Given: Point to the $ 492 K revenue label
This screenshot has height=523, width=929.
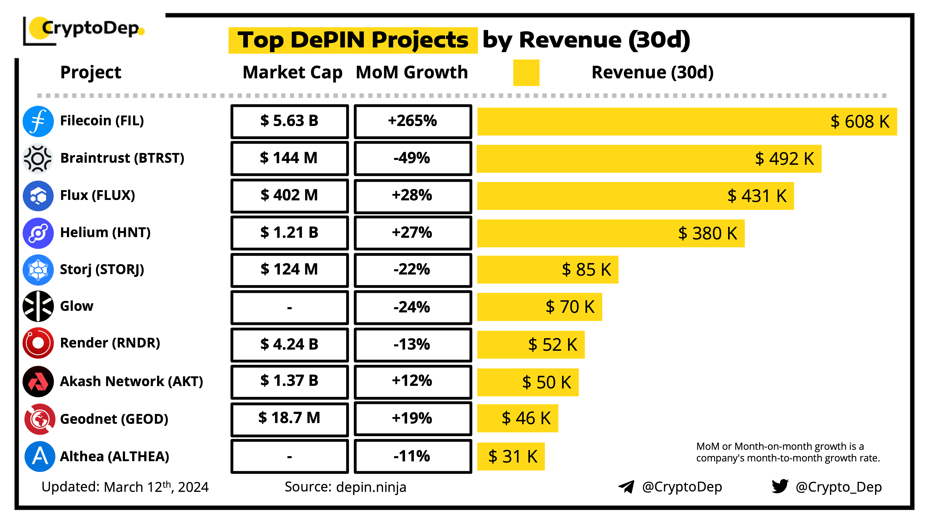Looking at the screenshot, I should (x=784, y=159).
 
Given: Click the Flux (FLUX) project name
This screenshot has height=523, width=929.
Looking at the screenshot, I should (x=97, y=195).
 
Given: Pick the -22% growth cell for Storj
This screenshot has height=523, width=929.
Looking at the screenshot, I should (x=412, y=270).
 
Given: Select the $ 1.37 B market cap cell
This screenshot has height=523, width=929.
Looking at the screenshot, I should (x=290, y=381).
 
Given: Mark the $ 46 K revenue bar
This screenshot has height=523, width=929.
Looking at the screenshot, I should (x=517, y=418).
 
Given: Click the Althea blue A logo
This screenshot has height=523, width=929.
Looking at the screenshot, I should (x=40, y=456).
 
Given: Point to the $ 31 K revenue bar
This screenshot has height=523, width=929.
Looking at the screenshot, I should (x=511, y=457).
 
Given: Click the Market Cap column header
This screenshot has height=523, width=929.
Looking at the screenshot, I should (x=292, y=73).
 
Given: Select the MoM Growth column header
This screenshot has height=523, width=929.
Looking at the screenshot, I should (x=412, y=73).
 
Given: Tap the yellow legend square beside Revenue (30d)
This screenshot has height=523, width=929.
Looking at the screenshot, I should (x=526, y=73).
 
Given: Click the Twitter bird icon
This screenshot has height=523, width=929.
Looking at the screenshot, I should (x=780, y=486).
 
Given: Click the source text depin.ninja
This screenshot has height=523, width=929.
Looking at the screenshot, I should (x=371, y=487).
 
